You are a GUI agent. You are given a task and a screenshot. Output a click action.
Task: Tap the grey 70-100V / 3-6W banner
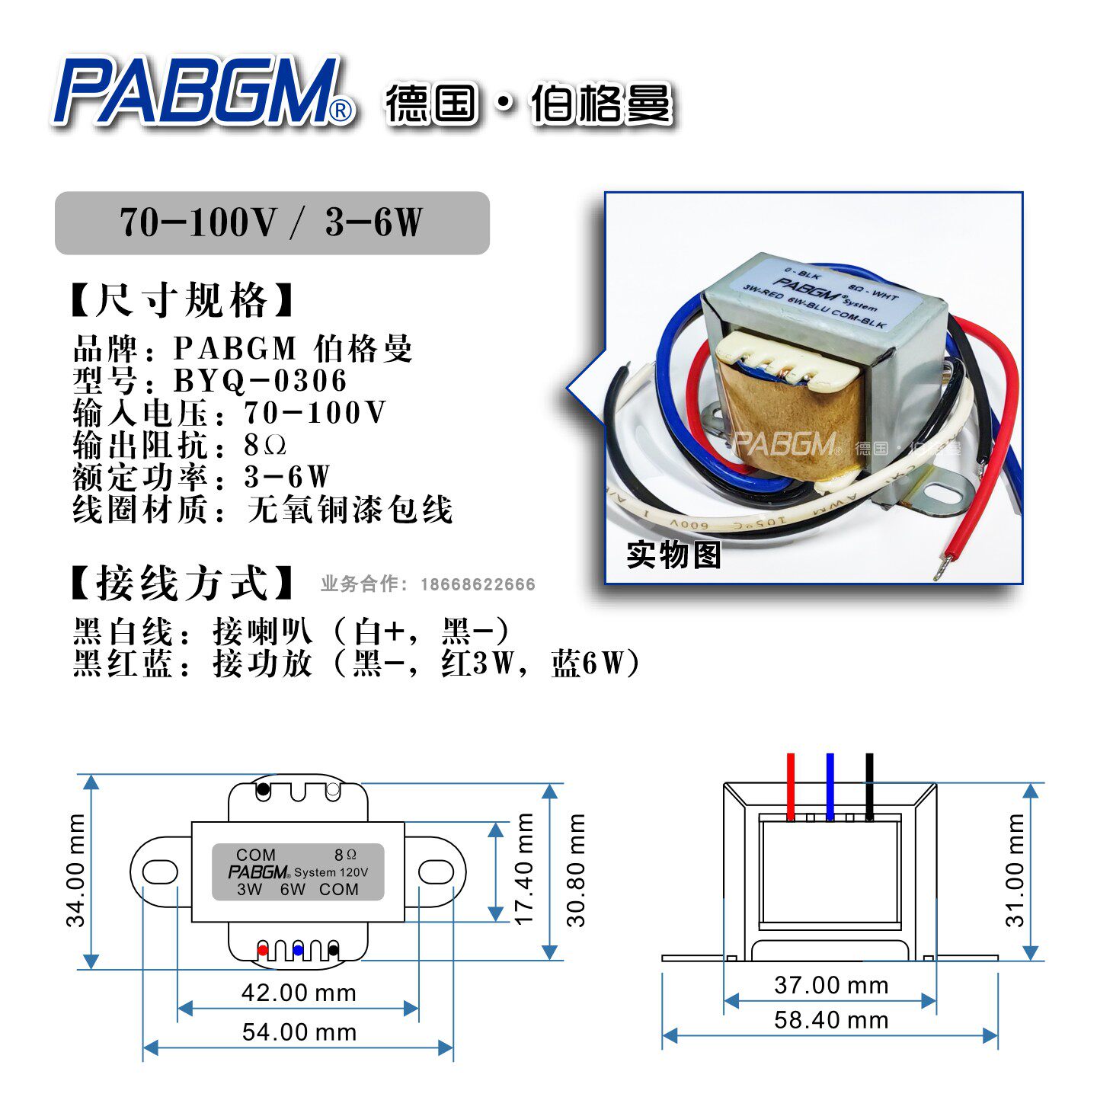coord(272,222)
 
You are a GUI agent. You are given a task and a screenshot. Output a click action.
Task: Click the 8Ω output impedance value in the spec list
coord(265,445)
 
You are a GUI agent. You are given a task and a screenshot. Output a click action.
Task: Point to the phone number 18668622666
coord(478,584)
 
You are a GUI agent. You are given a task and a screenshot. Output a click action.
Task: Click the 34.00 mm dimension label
coord(76,870)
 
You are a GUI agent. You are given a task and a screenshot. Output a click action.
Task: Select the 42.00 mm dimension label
coord(299,993)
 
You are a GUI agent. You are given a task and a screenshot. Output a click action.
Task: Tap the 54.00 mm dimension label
coord(299,1032)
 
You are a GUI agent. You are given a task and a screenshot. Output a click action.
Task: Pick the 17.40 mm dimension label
coord(525,868)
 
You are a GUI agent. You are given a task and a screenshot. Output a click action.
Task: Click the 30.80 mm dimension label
coord(577,870)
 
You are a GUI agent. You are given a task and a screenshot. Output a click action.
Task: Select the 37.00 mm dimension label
coord(831,985)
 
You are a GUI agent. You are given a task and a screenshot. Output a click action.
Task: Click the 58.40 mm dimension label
coord(831,1020)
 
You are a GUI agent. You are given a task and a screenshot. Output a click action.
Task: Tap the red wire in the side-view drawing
coord(791,785)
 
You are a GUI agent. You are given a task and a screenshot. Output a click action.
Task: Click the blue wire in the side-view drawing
coord(830,785)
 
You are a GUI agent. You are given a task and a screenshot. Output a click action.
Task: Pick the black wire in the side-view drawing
coord(869,785)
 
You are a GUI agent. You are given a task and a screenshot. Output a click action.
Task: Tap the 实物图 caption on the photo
coord(673,555)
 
